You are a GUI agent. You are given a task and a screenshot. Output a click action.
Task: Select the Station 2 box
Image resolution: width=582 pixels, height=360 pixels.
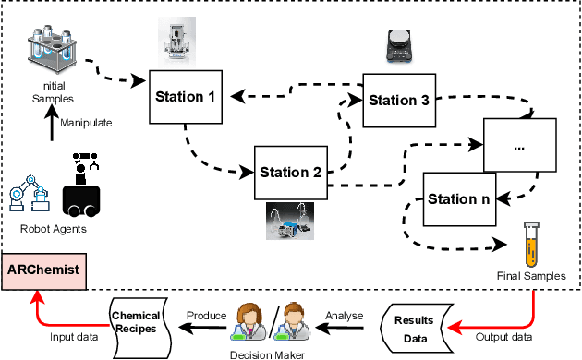[290, 171]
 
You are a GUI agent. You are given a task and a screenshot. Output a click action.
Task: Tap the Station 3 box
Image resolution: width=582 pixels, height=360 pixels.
[399, 100]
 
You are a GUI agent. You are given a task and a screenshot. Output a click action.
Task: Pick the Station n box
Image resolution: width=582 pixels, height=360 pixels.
[457, 198]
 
